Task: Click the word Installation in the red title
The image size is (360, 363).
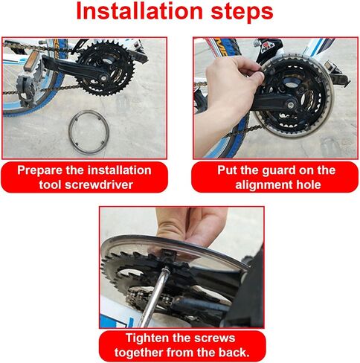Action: click(x=140, y=11)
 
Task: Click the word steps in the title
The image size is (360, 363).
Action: click(x=242, y=13)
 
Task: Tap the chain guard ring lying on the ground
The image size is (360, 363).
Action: click(x=89, y=132)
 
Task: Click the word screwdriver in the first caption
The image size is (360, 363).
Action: click(x=99, y=184)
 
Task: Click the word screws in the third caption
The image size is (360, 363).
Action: click(x=215, y=338)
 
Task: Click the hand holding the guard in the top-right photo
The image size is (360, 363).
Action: click(x=228, y=95)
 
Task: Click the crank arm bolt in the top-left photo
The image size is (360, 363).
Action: click(x=102, y=77)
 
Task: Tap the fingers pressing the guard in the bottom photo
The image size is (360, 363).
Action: click(x=191, y=225)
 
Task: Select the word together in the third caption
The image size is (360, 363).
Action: click(x=139, y=353)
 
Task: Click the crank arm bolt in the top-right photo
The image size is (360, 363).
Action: click(x=291, y=105)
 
